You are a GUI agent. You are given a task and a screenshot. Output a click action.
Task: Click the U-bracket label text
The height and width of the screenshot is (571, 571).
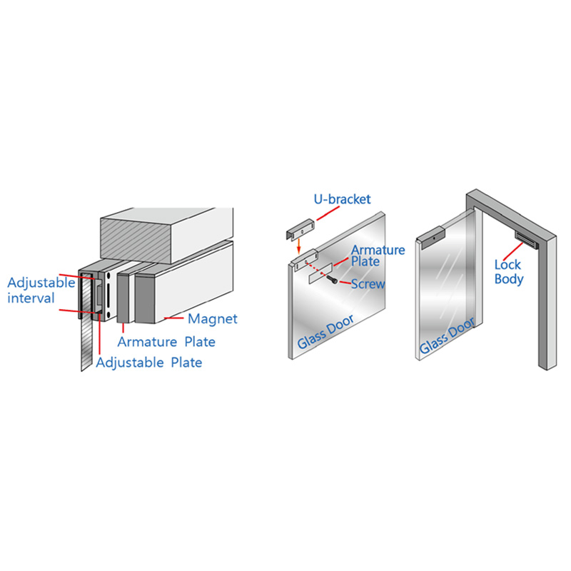(x=342, y=199)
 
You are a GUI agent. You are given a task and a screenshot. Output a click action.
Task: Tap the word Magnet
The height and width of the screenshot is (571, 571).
(x=212, y=319)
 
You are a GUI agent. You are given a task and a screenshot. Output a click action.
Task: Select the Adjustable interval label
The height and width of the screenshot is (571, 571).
(x=41, y=290)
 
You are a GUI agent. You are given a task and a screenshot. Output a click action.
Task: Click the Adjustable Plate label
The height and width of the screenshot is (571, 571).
(x=149, y=363)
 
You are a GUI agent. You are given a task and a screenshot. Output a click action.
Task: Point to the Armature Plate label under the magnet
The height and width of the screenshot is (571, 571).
(x=166, y=342)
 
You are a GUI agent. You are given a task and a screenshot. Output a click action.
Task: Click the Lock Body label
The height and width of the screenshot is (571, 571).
(x=509, y=272)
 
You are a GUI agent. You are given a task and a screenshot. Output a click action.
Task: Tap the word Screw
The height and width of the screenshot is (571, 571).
(x=368, y=284)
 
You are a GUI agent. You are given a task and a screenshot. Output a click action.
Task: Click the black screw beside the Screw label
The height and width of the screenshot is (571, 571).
(x=333, y=279)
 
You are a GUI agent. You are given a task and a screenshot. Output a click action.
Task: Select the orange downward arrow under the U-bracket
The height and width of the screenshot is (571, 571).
(x=298, y=246)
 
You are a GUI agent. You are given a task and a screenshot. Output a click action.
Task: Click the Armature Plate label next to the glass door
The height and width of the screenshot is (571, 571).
(x=378, y=256)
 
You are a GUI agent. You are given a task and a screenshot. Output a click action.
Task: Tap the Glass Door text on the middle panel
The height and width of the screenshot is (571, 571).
(x=325, y=331)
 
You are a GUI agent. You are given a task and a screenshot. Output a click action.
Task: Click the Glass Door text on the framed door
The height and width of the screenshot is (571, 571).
(x=448, y=335)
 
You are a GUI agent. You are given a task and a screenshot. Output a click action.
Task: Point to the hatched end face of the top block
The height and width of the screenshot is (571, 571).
(x=136, y=238)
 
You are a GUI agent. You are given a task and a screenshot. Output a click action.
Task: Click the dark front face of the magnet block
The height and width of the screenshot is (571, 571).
(x=145, y=299)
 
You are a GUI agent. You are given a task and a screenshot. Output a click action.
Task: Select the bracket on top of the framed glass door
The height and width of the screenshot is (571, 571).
(x=431, y=237)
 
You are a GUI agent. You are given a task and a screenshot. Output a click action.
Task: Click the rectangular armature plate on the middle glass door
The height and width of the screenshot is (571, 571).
(x=320, y=273)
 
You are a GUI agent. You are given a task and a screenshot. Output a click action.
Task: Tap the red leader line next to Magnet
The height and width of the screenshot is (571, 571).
(x=174, y=318)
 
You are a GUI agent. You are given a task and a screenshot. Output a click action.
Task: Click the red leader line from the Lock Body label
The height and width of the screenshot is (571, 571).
(x=513, y=251)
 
